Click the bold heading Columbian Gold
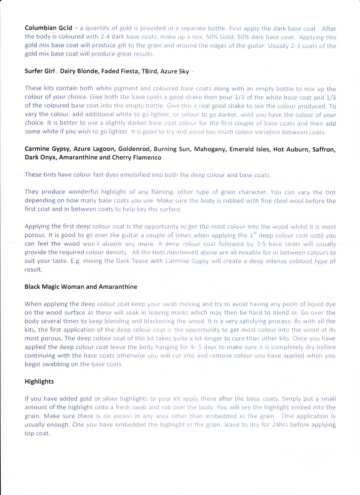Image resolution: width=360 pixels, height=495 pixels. [48, 28]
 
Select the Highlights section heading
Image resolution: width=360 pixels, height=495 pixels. [39, 381]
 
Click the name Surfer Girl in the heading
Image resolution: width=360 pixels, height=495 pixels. [40, 71]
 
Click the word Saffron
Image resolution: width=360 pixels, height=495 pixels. [323, 149]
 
